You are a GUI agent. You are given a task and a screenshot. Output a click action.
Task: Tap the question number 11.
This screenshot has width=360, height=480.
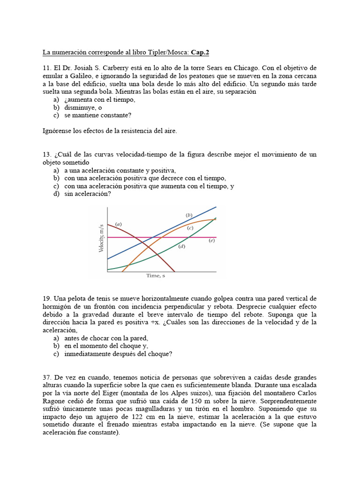click(46, 67)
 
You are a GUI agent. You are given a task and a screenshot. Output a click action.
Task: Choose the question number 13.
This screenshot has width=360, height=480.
click(46, 155)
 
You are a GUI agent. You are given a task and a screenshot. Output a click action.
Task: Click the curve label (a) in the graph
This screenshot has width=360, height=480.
click(119, 225)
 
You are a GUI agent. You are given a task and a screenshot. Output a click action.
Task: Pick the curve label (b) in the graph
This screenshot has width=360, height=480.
click(189, 215)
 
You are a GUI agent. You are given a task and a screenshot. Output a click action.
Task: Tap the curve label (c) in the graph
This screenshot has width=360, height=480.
click(190, 228)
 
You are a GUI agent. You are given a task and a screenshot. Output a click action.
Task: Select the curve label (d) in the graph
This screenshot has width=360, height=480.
click(182, 246)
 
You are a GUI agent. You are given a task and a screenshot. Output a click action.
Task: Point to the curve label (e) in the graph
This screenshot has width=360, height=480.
click(211, 240)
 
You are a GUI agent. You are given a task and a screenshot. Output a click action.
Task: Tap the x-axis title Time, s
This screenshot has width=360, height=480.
click(156, 276)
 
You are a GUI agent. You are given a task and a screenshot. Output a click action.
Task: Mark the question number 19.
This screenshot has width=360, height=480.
click(46, 299)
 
